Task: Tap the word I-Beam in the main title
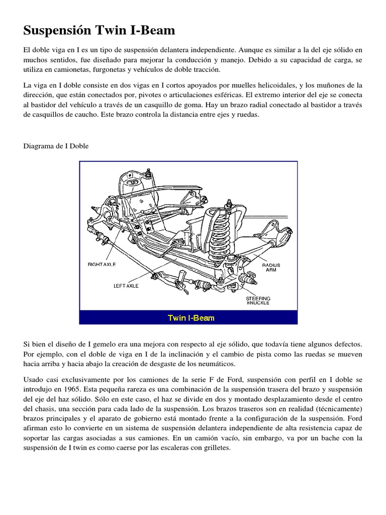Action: point(153,31)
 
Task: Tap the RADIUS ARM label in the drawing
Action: point(271,268)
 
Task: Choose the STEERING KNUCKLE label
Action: point(258,300)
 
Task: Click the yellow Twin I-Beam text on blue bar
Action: point(191,318)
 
